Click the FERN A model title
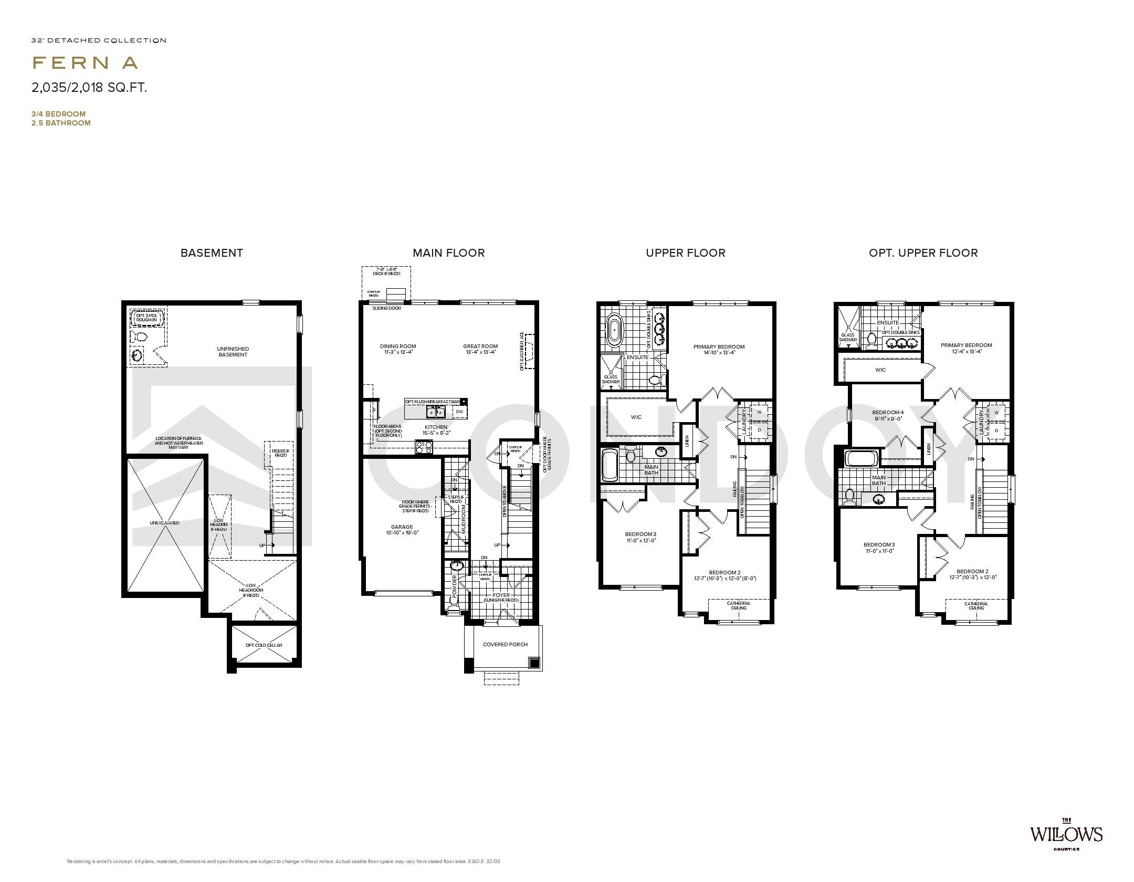point(85,63)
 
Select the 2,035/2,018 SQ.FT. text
point(89,88)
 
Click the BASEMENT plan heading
point(212,253)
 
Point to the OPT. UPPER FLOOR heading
point(923,253)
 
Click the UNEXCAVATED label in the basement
point(164,523)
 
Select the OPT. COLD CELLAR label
point(264,645)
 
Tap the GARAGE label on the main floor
point(402,527)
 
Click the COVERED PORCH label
point(505,644)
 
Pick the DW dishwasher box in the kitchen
point(459,412)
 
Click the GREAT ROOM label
point(480,346)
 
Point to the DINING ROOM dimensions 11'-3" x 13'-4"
point(398,352)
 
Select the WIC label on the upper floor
point(636,417)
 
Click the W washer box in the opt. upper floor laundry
point(996,413)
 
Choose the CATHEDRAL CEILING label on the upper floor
point(739,605)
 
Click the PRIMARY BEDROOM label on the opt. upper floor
point(966,345)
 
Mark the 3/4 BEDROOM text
point(58,114)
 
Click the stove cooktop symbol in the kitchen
point(424,447)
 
